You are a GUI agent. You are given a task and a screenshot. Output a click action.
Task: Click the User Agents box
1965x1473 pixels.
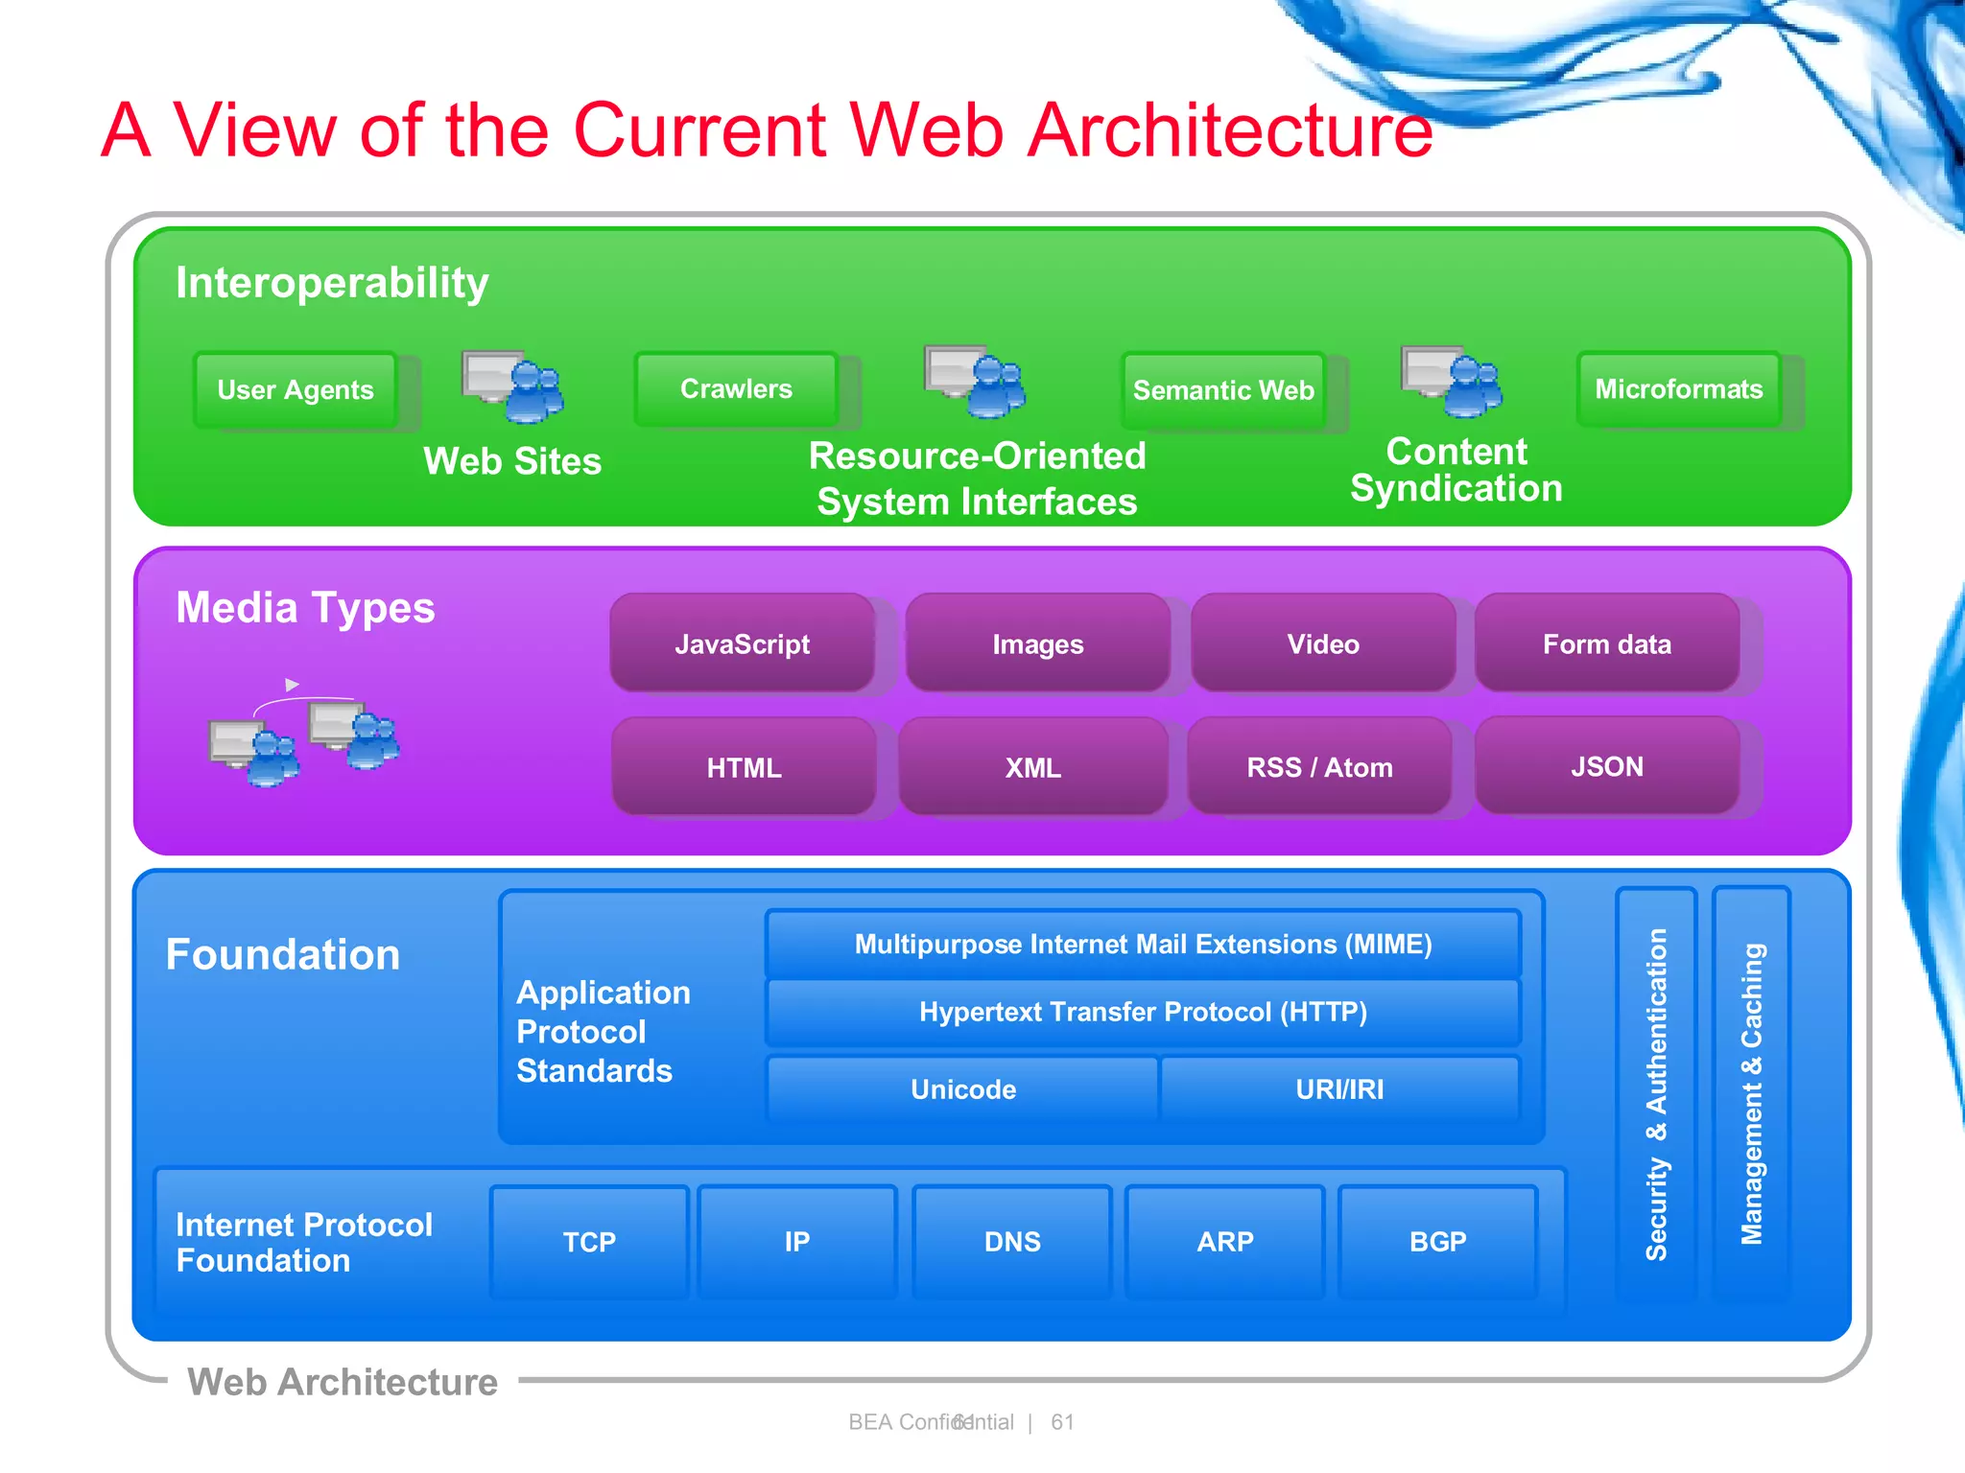(296, 389)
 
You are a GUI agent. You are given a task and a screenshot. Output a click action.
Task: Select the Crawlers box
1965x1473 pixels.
(736, 388)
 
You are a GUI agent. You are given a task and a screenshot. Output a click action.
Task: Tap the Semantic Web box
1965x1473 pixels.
(1223, 390)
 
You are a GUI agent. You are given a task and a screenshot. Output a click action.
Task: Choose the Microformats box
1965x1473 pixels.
(1678, 388)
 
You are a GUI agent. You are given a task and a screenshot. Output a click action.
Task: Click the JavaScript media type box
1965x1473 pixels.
(742, 643)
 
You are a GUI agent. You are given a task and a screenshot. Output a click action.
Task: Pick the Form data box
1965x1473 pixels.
(1606, 643)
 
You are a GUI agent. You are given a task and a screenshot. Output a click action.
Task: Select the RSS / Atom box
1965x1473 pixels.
(1319, 767)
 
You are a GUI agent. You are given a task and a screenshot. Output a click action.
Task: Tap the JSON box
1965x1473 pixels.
(1606, 766)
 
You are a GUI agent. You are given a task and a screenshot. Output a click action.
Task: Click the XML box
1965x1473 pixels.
(1032, 767)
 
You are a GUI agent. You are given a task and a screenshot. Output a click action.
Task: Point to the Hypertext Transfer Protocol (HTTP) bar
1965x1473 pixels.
(1143, 1012)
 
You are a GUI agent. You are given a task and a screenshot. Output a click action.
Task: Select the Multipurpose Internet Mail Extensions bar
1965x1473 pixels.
(1143, 945)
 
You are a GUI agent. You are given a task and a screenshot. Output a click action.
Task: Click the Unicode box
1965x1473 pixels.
(962, 1089)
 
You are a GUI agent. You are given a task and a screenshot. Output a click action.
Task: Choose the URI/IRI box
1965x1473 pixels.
(1339, 1089)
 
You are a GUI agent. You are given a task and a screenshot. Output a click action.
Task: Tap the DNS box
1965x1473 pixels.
(1012, 1242)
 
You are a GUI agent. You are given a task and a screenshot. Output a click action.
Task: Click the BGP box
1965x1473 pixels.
(1437, 1242)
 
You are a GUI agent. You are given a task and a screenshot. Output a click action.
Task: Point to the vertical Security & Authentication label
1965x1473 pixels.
(1656, 1093)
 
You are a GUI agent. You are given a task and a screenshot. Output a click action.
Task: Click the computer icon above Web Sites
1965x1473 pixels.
(512, 386)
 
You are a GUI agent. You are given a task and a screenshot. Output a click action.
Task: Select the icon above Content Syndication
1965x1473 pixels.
(1451, 382)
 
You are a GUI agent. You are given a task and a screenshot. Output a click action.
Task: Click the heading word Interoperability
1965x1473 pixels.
(332, 283)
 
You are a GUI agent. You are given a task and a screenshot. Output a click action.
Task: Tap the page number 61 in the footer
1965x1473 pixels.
(1062, 1422)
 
